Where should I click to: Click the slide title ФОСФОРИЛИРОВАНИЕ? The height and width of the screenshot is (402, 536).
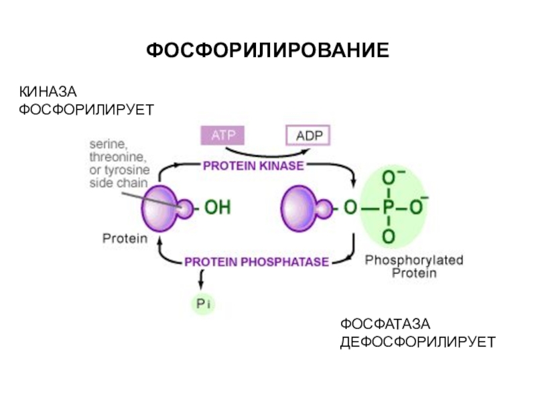pos(267,50)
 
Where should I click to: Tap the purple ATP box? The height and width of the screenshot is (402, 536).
pos(223,135)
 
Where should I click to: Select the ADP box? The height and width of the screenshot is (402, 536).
pos(308,136)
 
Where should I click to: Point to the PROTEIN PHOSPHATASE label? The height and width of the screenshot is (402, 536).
pos(257,261)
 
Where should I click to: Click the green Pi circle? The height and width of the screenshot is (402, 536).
pos(203,305)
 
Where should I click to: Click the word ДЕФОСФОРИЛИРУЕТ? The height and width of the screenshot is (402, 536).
pos(417,342)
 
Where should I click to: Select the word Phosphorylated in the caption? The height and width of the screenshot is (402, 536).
pos(413,260)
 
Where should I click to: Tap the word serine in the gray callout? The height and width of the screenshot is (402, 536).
pos(107,143)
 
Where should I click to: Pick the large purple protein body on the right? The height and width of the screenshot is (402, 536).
pos(299,208)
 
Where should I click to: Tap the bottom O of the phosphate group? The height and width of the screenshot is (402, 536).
pos(388,237)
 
